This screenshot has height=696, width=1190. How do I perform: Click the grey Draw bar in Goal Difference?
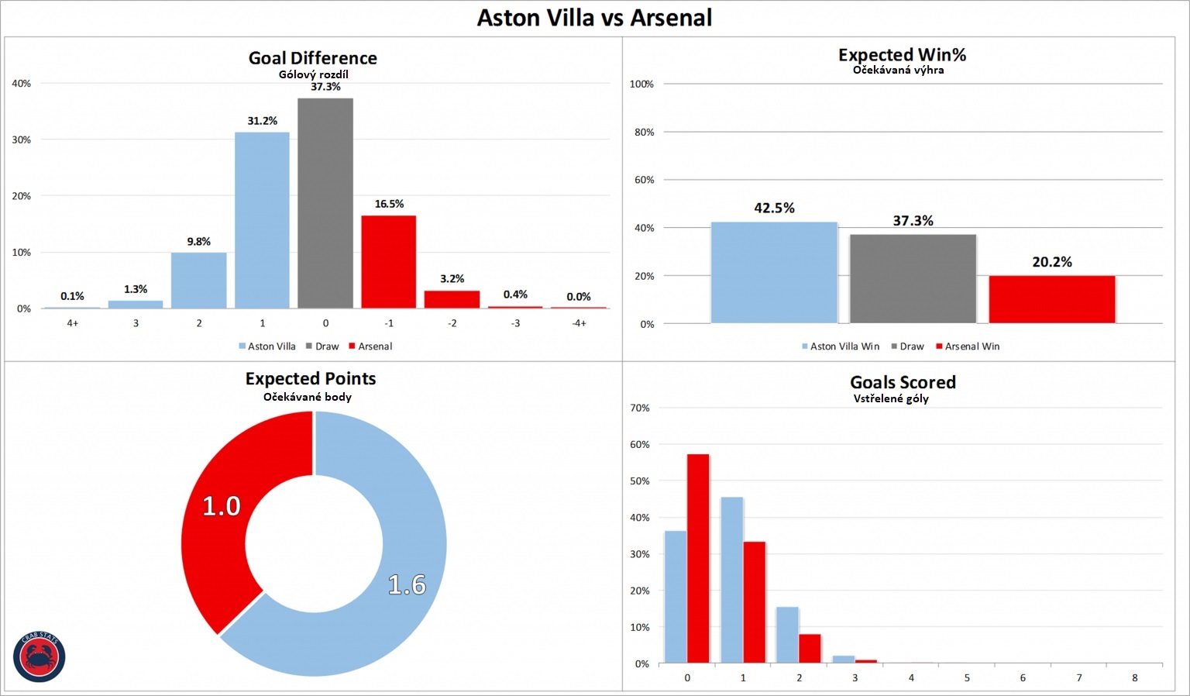pos(325,203)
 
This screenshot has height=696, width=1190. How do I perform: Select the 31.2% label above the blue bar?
pos(262,121)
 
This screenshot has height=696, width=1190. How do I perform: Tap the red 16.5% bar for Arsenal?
pos(388,261)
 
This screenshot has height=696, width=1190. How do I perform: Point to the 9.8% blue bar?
pos(198,280)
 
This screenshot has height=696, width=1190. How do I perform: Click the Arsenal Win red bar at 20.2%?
pos(1051,299)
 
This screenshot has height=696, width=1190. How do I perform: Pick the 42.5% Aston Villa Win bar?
pos(774,272)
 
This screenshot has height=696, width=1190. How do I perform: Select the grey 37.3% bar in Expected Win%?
pos(913,278)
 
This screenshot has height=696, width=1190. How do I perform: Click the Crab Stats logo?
pos(40,657)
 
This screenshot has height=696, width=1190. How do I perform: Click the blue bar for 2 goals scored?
pos(787,635)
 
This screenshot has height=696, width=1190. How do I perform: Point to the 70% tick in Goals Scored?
pos(639,408)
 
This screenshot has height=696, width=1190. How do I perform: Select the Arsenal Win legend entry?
pos(968,346)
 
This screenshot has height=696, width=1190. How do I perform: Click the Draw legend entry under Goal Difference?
pos(322,346)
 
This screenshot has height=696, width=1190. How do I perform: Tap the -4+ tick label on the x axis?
pos(579,323)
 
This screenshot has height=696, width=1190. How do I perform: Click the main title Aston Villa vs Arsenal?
pos(594,18)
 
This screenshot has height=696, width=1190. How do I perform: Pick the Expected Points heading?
pos(311,378)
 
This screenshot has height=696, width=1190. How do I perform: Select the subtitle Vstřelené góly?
pos(891,398)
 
